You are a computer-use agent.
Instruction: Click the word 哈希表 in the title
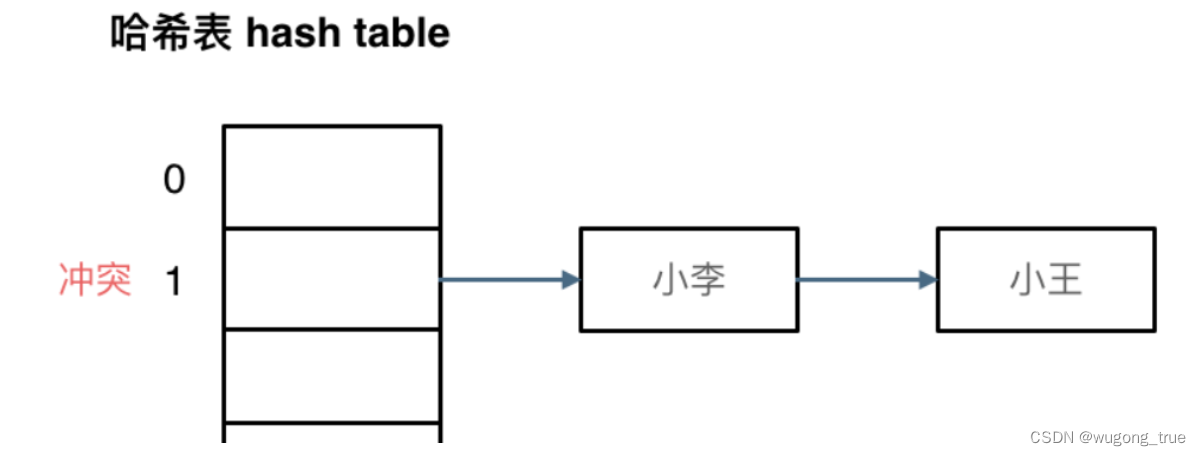point(171,33)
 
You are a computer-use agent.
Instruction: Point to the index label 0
point(175,180)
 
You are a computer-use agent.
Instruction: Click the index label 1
point(174,282)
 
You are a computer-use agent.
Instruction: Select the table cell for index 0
point(332,177)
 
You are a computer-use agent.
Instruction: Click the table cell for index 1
point(332,279)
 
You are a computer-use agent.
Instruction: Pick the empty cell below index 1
point(332,375)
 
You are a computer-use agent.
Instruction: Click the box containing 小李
point(689,280)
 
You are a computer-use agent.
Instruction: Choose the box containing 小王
point(1046,280)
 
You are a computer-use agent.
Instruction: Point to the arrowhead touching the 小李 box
point(571,280)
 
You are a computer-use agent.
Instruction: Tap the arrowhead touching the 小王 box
point(928,280)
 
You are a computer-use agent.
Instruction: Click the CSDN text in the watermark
point(1053,437)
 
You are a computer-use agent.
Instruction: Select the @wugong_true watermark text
point(1133,437)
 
